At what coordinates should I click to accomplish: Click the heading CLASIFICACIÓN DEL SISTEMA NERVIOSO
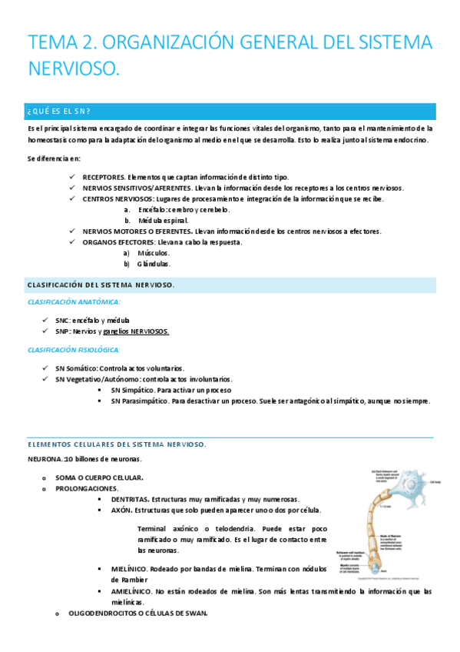click(x=101, y=285)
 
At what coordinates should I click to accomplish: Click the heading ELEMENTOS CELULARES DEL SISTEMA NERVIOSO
click(x=116, y=444)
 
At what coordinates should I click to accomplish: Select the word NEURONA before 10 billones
click(x=45, y=459)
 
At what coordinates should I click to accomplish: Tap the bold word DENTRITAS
click(x=130, y=499)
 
